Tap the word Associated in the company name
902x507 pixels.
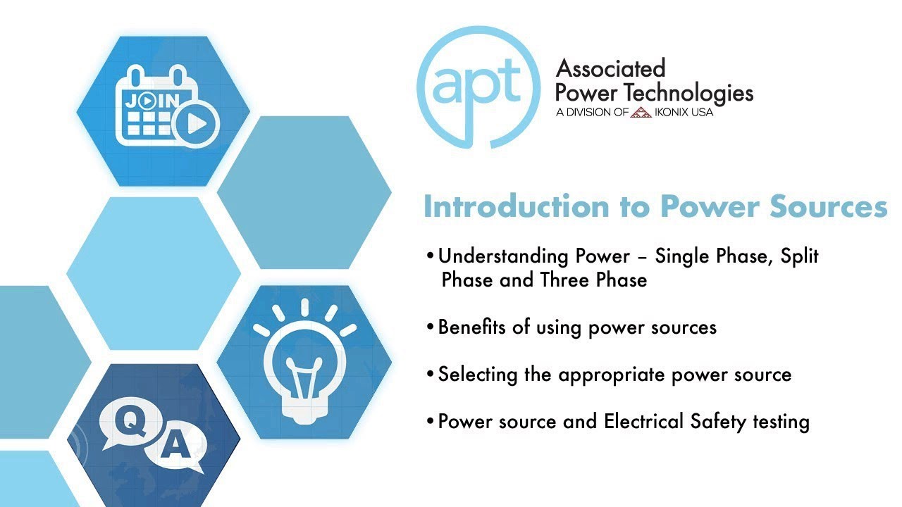[x=610, y=69]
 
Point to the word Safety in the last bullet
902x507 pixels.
[x=713, y=421]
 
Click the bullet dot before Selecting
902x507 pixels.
[x=430, y=374]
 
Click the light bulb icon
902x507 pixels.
[x=305, y=359]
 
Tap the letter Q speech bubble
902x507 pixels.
[x=130, y=421]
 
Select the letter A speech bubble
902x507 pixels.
[x=179, y=446]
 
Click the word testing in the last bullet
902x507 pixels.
[x=777, y=422]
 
